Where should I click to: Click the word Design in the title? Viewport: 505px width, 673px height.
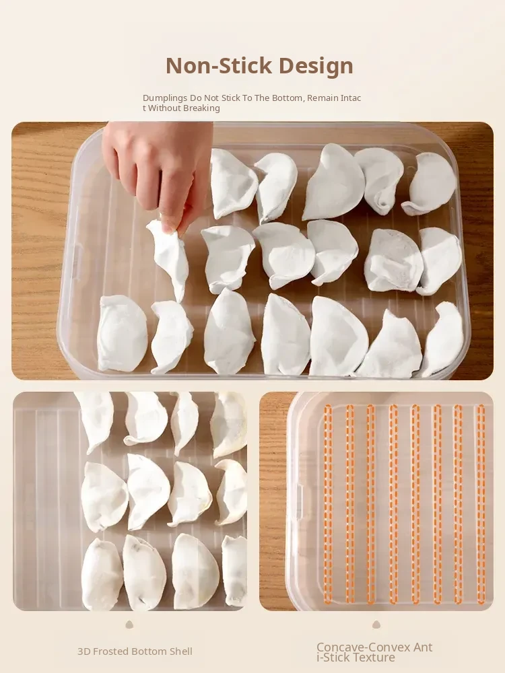click(316, 66)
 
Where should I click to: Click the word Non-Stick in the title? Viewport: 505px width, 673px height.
click(219, 66)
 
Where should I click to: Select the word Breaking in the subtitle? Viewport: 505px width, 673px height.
click(202, 108)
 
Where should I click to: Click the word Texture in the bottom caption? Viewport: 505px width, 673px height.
click(375, 658)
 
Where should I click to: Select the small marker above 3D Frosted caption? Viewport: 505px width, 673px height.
click(129, 625)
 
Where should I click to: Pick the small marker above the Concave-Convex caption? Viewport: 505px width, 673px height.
click(376, 624)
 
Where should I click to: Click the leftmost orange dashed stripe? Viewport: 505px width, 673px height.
click(328, 504)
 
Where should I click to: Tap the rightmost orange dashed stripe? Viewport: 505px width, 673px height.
click(481, 504)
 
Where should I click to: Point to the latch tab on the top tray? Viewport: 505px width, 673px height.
click(77, 258)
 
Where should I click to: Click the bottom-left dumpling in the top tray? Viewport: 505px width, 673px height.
click(122, 333)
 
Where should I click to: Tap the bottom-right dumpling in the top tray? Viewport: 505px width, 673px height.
click(443, 340)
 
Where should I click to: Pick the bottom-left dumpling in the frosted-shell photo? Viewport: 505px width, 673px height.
click(102, 574)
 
